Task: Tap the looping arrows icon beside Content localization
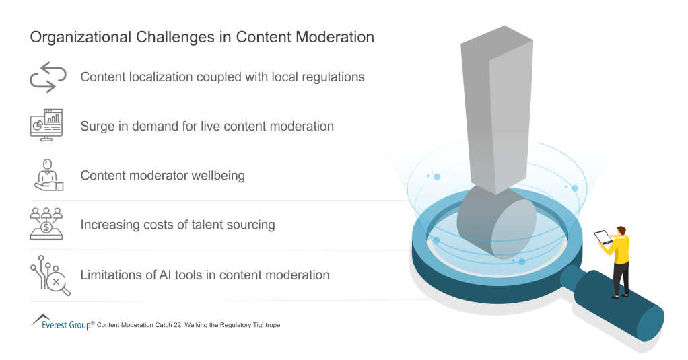[48, 77]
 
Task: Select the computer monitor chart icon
[46, 125]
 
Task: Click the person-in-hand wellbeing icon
[48, 175]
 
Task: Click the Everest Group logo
[61, 323]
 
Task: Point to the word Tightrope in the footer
[263, 325]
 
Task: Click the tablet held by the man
[602, 238]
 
